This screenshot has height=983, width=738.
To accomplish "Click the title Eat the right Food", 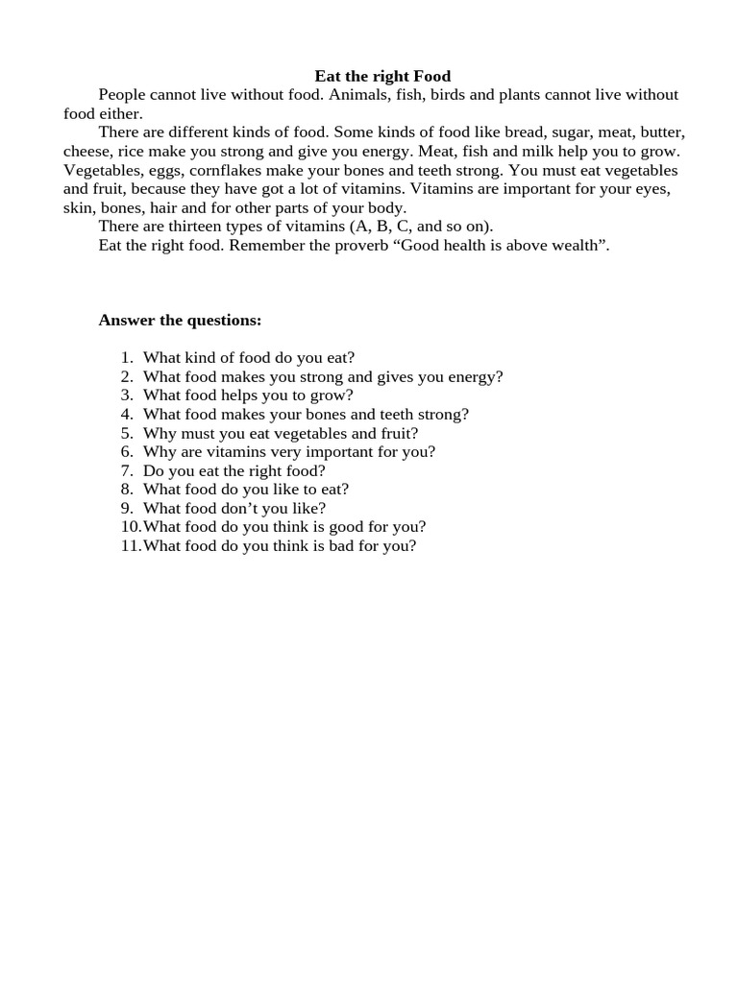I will coord(382,76).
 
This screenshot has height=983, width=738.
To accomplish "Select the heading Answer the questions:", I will coord(180,321).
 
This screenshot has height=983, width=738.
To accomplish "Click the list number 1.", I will coord(126,358).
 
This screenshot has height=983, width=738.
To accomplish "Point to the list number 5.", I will coord(126,433).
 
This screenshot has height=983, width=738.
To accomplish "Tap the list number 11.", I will coord(130,546).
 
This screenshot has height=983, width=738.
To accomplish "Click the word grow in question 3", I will coord(329,396).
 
